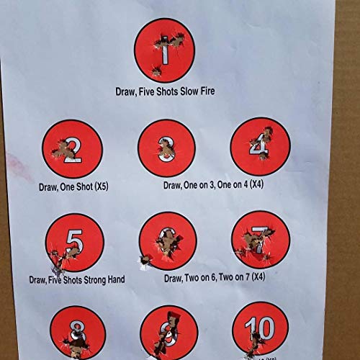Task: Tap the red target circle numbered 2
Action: click(x=72, y=150)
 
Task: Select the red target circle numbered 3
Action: click(x=166, y=148)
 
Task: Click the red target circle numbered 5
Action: click(x=74, y=243)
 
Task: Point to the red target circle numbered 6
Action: click(x=166, y=241)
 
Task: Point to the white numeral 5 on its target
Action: click(x=73, y=240)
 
